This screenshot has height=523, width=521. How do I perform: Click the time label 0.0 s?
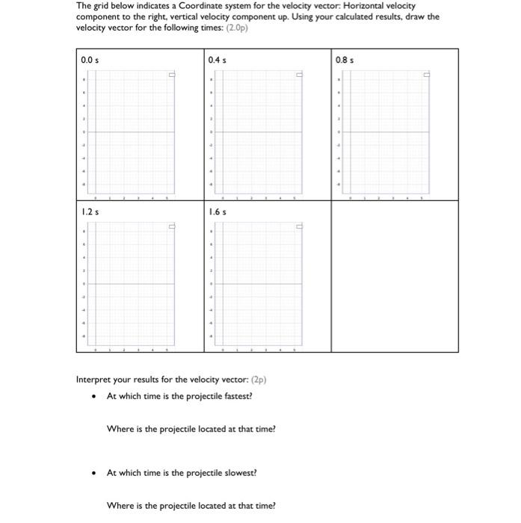click(x=90, y=59)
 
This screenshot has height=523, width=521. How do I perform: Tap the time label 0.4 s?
click(x=218, y=59)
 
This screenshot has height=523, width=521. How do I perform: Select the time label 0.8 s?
click(x=345, y=59)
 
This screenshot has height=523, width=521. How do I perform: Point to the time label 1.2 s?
click(x=90, y=212)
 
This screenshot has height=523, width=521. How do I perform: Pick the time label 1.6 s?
click(x=218, y=212)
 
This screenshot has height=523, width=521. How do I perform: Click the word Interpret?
click(x=94, y=379)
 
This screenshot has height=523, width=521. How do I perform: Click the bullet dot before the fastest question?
click(x=93, y=396)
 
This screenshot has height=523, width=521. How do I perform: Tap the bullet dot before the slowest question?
click(x=93, y=473)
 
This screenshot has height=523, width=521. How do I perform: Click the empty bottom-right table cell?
click(x=394, y=276)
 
